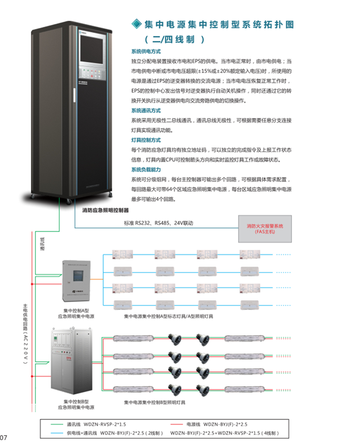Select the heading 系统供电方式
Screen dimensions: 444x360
146,51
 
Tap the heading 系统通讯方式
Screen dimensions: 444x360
146,111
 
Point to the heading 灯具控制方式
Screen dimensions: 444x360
146,140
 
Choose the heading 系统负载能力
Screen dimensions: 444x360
146,170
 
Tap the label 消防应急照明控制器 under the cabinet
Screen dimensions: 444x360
106,210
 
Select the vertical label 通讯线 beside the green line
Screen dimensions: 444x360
42,245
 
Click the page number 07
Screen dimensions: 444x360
4,438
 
